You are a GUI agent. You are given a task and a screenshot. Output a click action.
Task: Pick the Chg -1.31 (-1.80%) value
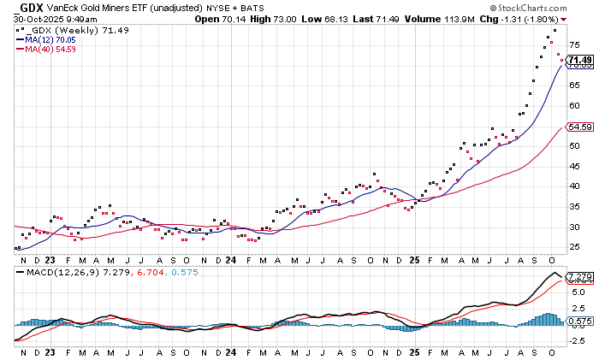click(543, 18)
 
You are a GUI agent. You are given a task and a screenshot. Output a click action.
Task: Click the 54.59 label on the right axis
click(580, 127)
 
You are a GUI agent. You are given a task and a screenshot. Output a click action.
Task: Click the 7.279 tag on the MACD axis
click(580, 277)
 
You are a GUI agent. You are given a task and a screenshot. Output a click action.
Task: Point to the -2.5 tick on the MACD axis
click(578, 340)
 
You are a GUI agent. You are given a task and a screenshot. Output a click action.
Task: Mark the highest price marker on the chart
click(555, 31)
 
